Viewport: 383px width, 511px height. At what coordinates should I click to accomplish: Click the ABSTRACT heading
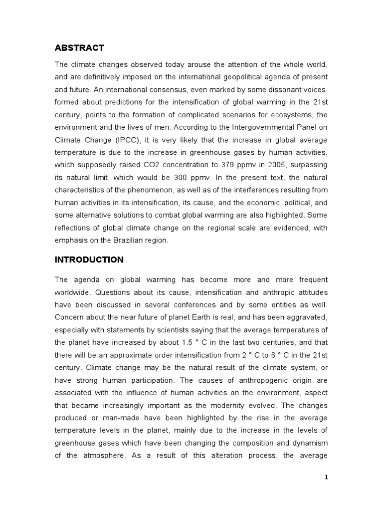coord(79,48)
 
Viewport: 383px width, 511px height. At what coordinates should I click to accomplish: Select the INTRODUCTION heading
coord(89,259)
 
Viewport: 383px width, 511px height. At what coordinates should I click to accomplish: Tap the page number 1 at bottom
coord(326,477)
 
